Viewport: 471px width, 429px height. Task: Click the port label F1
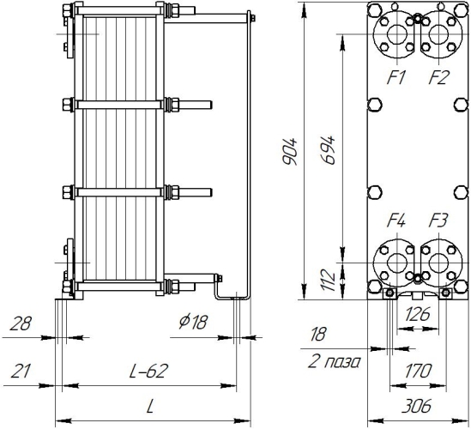(x=396, y=77)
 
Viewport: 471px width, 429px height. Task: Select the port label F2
(x=438, y=77)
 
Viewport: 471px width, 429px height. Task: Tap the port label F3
(x=438, y=221)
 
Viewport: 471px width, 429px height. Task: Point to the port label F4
(x=396, y=221)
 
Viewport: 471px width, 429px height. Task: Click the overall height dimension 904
(x=290, y=152)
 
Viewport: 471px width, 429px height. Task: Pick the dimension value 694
(x=328, y=150)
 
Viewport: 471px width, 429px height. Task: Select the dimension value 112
(x=328, y=281)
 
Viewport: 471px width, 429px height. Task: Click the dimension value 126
(x=418, y=315)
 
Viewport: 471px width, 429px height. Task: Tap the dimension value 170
(x=418, y=371)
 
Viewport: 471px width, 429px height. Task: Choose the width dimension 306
(x=417, y=406)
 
